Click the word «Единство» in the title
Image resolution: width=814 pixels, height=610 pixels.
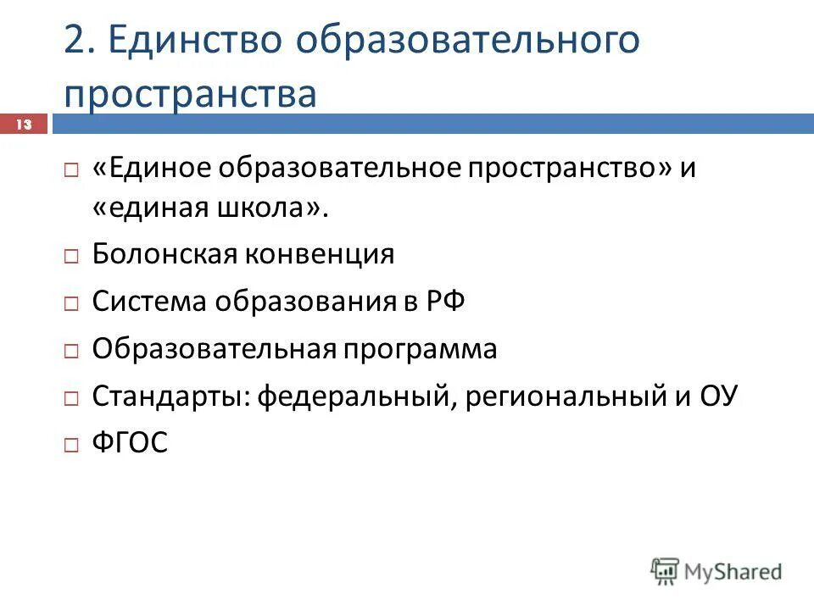[x=194, y=41]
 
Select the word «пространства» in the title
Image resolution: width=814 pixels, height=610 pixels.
[x=190, y=93]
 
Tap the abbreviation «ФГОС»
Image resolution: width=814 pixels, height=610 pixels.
[x=130, y=443]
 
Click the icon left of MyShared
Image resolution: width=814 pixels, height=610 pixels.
[x=666, y=570]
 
